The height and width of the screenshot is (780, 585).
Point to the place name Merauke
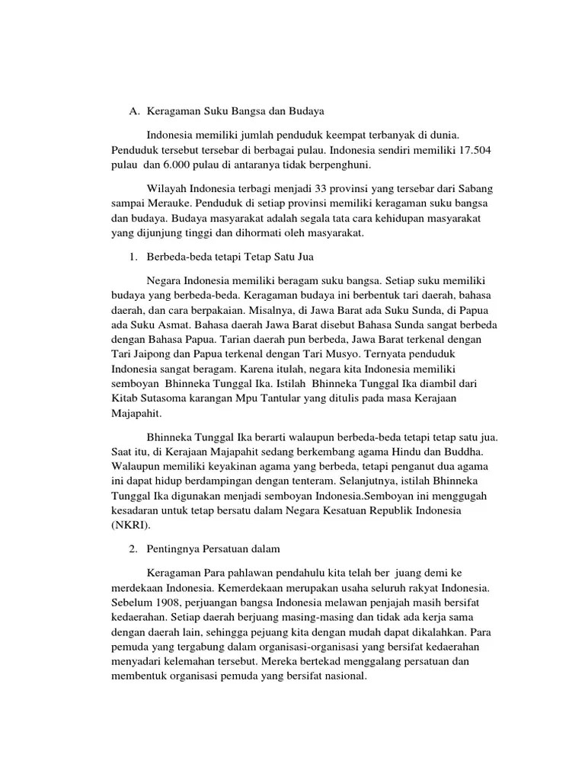170,203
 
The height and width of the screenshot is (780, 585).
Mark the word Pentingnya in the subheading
176,548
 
